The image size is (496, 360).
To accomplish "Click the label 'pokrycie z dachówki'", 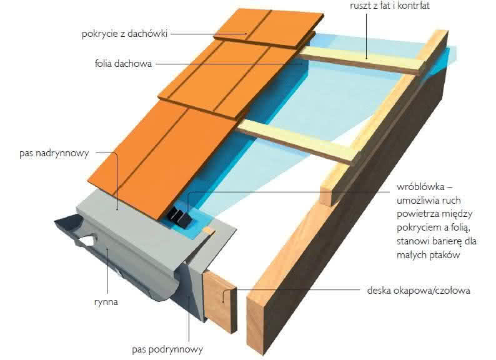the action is (x=124, y=34).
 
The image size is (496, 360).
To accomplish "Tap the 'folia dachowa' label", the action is (x=123, y=64).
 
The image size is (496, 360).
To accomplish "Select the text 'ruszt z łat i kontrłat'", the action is (x=390, y=6).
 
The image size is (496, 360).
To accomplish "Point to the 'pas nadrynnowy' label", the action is (x=54, y=154).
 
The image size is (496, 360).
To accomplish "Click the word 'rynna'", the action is (x=106, y=302).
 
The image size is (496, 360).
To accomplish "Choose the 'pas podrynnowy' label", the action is (x=167, y=349).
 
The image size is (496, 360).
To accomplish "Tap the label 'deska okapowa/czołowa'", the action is (x=419, y=291).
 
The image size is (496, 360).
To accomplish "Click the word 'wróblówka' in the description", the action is (x=420, y=187).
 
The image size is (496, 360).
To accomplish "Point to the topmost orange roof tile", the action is (x=269, y=29).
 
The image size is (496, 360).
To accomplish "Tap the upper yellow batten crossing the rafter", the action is (x=360, y=60).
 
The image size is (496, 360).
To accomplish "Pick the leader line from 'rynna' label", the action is (x=107, y=272).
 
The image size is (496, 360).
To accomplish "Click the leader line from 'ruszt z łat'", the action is (x=367, y=36).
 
